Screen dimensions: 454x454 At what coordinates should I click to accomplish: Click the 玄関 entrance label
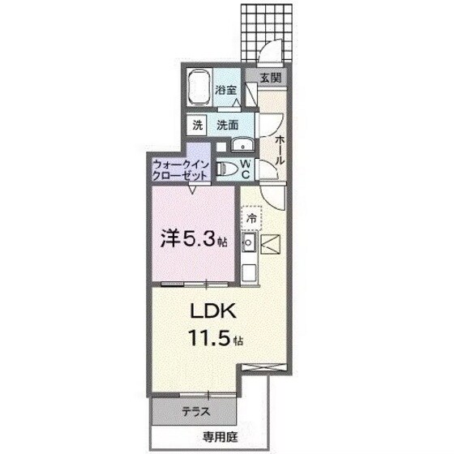270,79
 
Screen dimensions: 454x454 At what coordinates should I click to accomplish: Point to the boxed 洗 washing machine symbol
197,126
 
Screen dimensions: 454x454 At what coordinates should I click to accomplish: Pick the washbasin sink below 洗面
241,145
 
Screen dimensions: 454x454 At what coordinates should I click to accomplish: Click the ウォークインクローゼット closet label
182,170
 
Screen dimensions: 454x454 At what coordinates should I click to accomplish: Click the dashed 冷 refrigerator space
251,218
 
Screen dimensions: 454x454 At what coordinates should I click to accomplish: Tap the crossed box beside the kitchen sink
271,243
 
